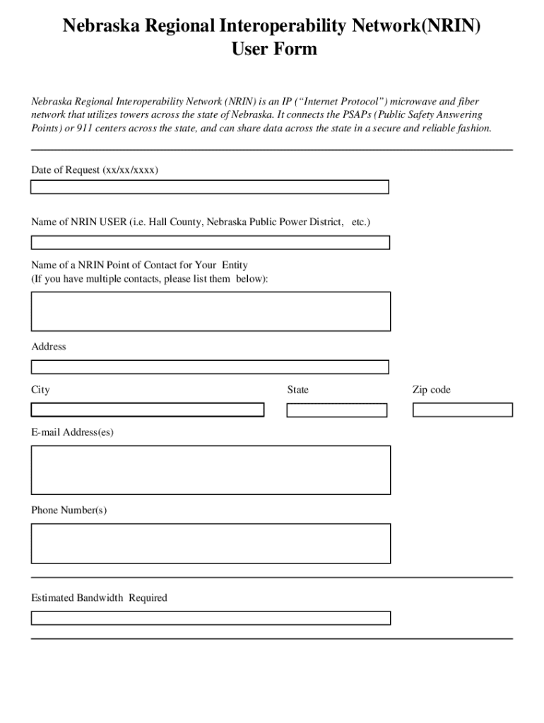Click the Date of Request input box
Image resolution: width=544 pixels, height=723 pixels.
[209, 187]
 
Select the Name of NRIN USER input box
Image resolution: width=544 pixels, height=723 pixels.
[210, 243]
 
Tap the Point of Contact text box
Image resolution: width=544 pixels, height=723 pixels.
[210, 311]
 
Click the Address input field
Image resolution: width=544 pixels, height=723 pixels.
[209, 367]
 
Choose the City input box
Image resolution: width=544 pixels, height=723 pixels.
[147, 410]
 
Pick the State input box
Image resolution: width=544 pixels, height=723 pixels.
[337, 410]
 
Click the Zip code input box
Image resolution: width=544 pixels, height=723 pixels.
[462, 410]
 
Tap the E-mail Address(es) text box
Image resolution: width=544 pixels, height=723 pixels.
[210, 470]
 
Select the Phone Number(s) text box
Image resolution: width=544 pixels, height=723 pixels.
[210, 543]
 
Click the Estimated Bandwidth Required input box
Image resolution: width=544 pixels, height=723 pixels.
[210, 618]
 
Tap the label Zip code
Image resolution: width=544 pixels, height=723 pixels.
[431, 390]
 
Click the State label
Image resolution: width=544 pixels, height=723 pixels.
[297, 390]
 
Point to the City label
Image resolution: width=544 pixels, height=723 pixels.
[40, 390]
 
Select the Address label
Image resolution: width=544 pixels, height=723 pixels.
[49, 347]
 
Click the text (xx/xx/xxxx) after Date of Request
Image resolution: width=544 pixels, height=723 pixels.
[131, 170]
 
